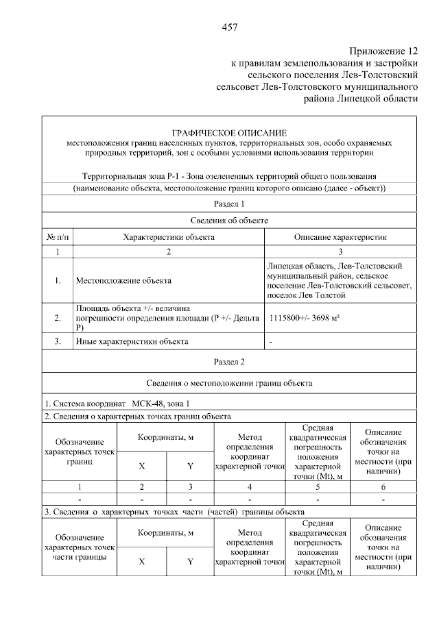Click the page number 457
(229, 27)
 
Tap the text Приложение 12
(383, 51)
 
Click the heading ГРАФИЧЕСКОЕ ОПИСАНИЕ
(229, 132)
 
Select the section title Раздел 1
(229, 204)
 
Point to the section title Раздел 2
(229, 361)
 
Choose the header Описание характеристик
(340, 237)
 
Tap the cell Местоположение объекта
(123, 280)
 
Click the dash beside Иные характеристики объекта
(272, 341)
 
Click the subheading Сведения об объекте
(229, 221)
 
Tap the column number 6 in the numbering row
(383, 486)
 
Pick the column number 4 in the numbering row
(250, 486)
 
